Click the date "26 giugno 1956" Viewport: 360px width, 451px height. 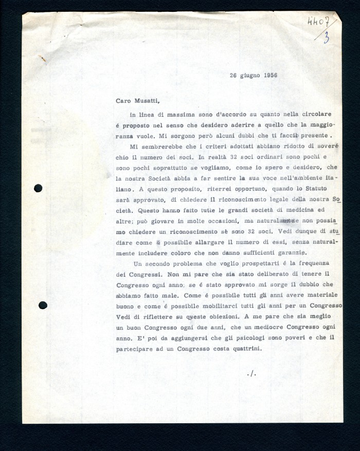[x=254, y=75]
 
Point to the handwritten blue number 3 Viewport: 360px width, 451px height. [x=327, y=37]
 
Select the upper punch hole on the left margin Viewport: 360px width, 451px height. [x=38, y=188]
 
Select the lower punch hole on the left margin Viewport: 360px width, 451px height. [x=43, y=305]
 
